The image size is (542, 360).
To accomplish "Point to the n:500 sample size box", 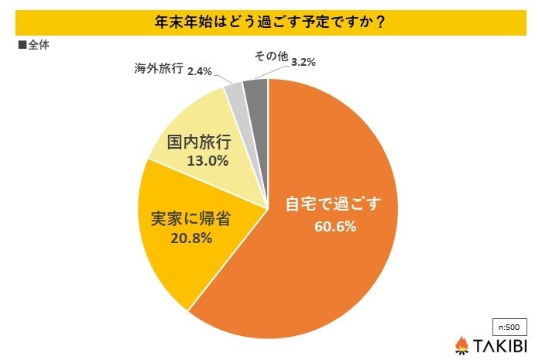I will (x=506, y=325).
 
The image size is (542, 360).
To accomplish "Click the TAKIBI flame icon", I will (x=462, y=344).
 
